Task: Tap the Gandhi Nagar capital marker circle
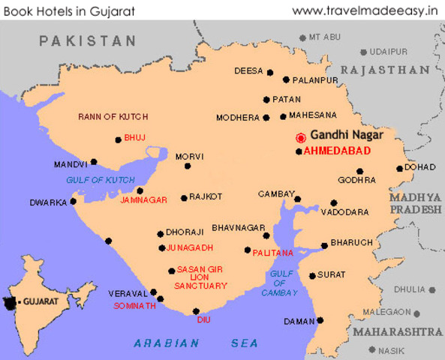pos(300,137)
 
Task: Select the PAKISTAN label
pos(88,40)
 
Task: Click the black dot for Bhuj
pos(118,139)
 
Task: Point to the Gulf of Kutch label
pos(99,180)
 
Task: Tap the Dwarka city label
pos(48,202)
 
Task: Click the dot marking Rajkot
pos(184,198)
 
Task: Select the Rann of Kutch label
pos(113,117)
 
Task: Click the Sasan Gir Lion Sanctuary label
pos(200,277)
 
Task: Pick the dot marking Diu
pos(196,311)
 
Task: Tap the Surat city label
pos(331,275)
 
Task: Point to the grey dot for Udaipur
pos(363,52)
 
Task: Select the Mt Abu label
pos(325,37)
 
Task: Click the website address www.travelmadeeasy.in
pos(365,10)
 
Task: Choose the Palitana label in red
pos(273,253)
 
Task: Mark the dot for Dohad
pos(400,168)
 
